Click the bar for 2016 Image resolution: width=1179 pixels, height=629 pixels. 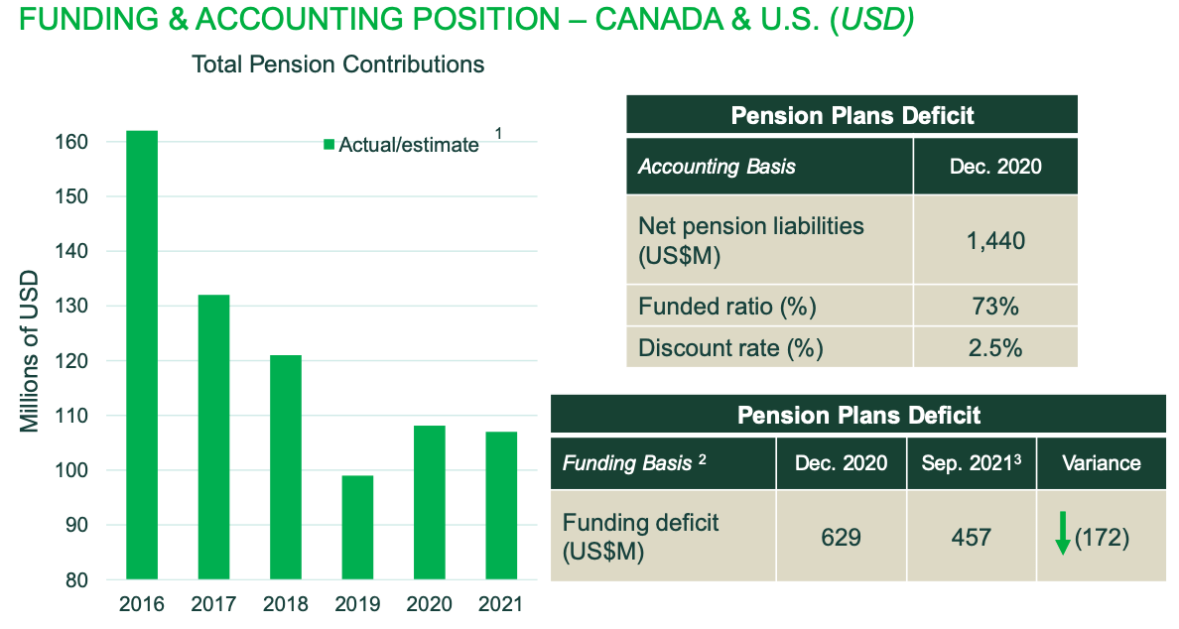pyautogui.click(x=141, y=354)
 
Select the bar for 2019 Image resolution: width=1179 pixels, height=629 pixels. pyautogui.click(x=357, y=527)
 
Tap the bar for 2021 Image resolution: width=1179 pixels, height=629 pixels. pyautogui.click(x=501, y=505)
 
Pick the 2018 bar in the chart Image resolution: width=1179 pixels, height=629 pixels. pyautogui.click(x=286, y=466)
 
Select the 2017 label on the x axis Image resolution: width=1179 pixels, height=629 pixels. pyautogui.click(x=213, y=604)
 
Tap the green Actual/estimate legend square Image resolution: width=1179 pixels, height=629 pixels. pyautogui.click(x=328, y=145)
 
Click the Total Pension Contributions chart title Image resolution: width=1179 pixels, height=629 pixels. pyautogui.click(x=337, y=64)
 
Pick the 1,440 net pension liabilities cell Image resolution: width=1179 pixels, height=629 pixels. pyautogui.click(x=995, y=240)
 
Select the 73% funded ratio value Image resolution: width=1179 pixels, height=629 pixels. pyautogui.click(x=995, y=307)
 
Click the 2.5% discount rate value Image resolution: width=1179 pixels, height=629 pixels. pyautogui.click(x=995, y=348)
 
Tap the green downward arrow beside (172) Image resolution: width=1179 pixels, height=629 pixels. pyautogui.click(x=1062, y=534)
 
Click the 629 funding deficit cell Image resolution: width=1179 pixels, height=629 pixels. pyautogui.click(x=841, y=537)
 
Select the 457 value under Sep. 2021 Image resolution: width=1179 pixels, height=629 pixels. pyautogui.click(x=971, y=537)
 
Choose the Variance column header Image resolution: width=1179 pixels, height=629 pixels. pyautogui.click(x=1101, y=462)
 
